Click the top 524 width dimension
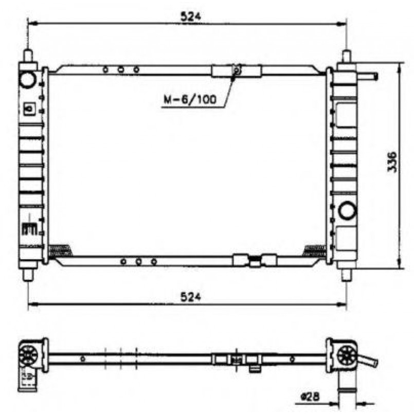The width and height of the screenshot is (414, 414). (190, 16)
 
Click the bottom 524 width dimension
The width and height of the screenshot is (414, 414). (190, 297)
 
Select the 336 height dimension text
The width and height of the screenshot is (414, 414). (392, 162)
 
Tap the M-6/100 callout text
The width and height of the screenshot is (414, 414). (190, 99)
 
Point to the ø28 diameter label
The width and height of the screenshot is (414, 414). (310, 397)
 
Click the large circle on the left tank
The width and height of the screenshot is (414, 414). (28, 80)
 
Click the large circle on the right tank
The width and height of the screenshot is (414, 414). (348, 210)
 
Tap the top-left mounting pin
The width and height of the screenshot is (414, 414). (28, 56)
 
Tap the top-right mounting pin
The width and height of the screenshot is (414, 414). (347, 56)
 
